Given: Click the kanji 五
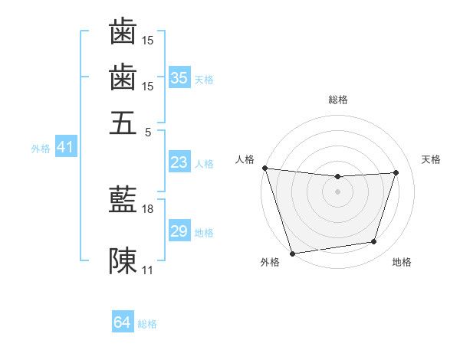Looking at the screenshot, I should point(123,123).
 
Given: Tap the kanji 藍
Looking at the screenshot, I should point(123,201).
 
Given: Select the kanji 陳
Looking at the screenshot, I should point(123,261).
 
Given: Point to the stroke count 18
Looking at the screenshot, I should point(148,208).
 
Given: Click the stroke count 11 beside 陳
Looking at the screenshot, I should point(148,270).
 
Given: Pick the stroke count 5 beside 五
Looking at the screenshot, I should point(148,131).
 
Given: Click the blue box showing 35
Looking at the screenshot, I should point(179,78).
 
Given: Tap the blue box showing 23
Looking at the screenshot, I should point(179,162).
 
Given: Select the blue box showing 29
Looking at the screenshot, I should point(179,231).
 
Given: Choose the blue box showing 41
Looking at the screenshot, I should point(65,148).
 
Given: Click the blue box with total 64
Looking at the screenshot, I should point(122,323).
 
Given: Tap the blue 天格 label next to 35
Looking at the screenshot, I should point(204,79).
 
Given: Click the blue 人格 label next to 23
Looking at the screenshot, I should point(204,163).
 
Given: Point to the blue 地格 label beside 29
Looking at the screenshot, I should point(204,232).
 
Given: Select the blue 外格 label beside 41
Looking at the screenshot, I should point(41,149).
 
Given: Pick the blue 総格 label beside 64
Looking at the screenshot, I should point(147,324).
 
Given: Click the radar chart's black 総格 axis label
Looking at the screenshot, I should point(337,100).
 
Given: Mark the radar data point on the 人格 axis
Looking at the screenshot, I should point(264,168).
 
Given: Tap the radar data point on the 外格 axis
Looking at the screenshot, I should point(292,253).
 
